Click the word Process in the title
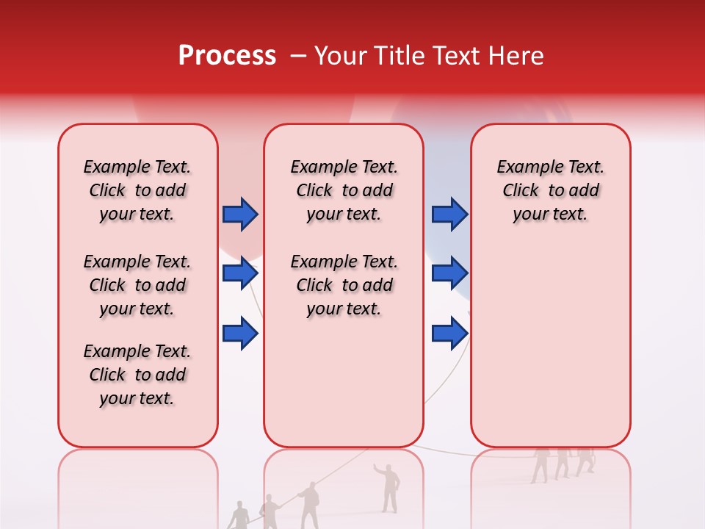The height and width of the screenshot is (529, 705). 227,56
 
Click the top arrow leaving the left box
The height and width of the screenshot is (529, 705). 240,215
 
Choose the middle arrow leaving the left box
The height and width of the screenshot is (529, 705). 240,273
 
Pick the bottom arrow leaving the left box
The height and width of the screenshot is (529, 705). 240,334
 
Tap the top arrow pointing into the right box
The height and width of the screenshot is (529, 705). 449,215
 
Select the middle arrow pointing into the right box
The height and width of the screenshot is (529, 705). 449,273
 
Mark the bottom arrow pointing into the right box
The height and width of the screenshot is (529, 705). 449,334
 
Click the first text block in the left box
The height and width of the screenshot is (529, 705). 137,190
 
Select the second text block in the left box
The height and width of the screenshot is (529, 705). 137,285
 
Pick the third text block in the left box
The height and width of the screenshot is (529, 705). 137,375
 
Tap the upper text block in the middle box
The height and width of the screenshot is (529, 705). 344,190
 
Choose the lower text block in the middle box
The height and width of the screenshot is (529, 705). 344,285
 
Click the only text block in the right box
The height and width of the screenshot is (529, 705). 550,190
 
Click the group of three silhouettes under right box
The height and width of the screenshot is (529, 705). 563,463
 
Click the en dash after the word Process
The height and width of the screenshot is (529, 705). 298,57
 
